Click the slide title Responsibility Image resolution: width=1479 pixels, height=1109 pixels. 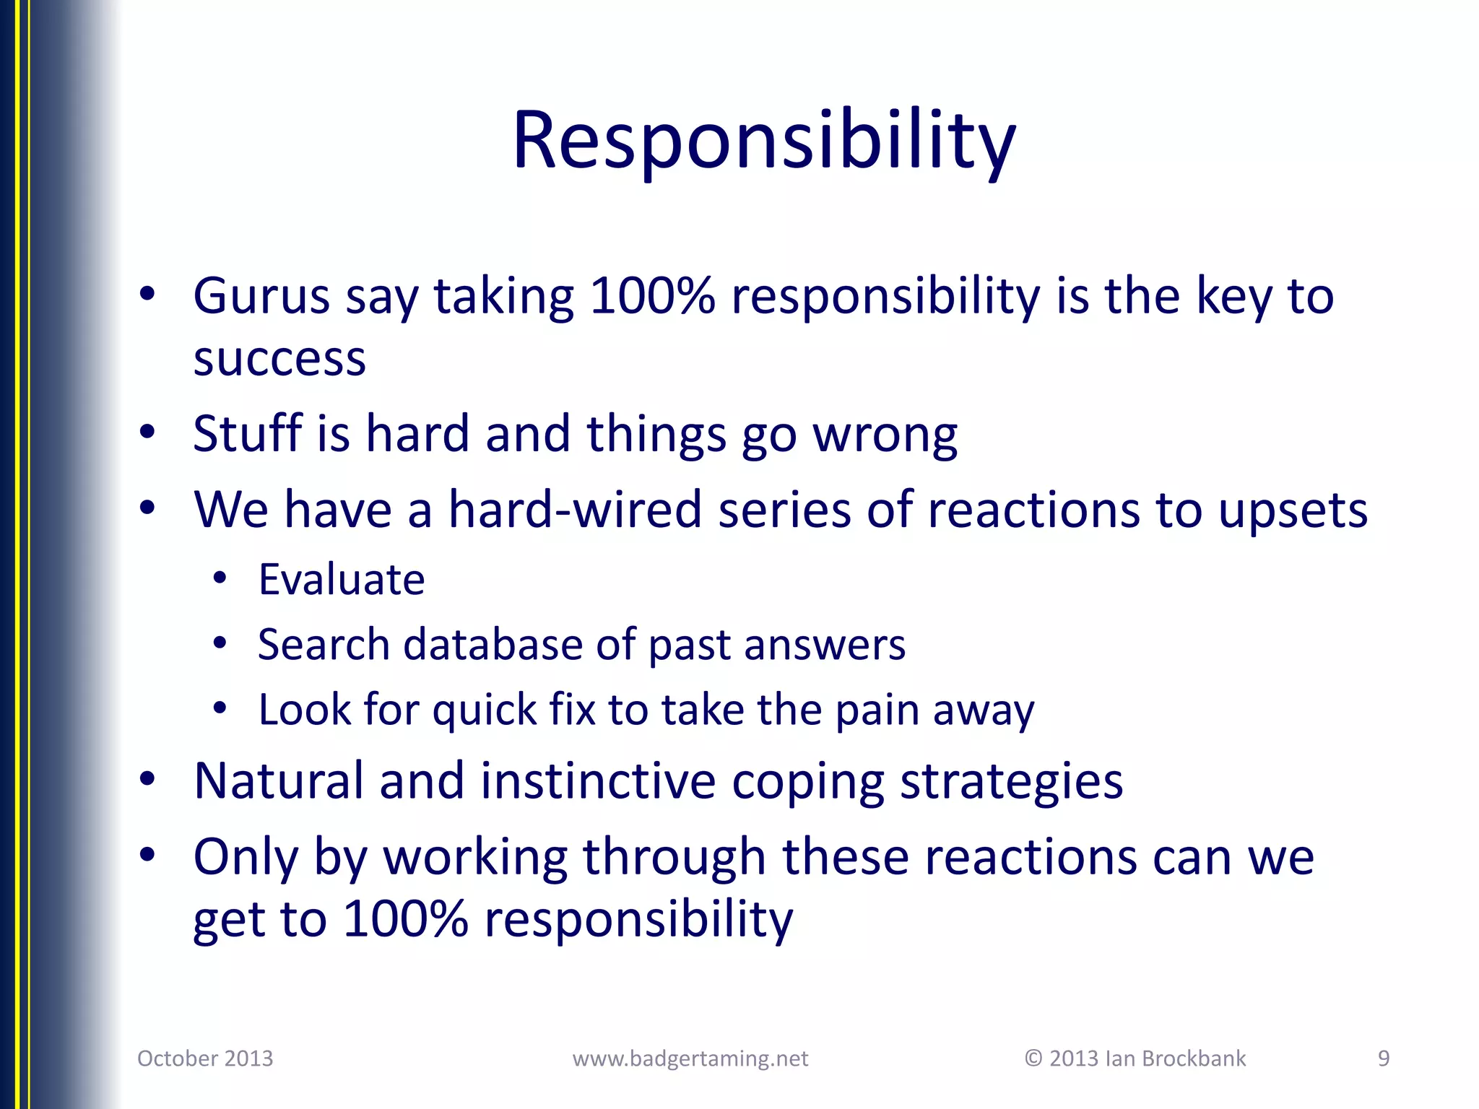(x=764, y=141)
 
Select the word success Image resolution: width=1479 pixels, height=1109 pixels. (x=279, y=359)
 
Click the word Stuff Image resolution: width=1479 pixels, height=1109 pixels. (x=246, y=434)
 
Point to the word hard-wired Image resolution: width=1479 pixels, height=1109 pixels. (x=575, y=510)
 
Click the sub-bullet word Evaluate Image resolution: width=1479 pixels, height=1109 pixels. (x=342, y=580)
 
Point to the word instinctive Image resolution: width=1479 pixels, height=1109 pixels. (x=597, y=781)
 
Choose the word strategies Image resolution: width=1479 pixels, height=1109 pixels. (x=1011, y=783)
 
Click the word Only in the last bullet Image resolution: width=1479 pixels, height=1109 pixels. (x=246, y=858)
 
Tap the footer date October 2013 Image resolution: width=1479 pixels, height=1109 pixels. (x=205, y=1058)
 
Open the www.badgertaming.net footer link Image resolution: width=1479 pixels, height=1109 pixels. (x=690, y=1058)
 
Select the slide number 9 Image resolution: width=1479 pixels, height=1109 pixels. (x=1384, y=1058)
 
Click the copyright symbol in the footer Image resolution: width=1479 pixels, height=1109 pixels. (x=1033, y=1058)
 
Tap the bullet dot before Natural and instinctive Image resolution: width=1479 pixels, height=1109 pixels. (x=147, y=780)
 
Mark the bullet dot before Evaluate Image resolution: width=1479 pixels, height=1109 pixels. (x=220, y=578)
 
